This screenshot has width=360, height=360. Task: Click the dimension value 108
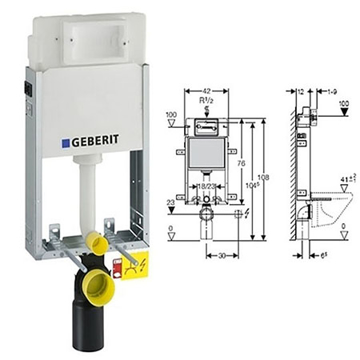point(261,175)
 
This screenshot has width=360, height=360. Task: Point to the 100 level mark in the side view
point(343,102)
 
